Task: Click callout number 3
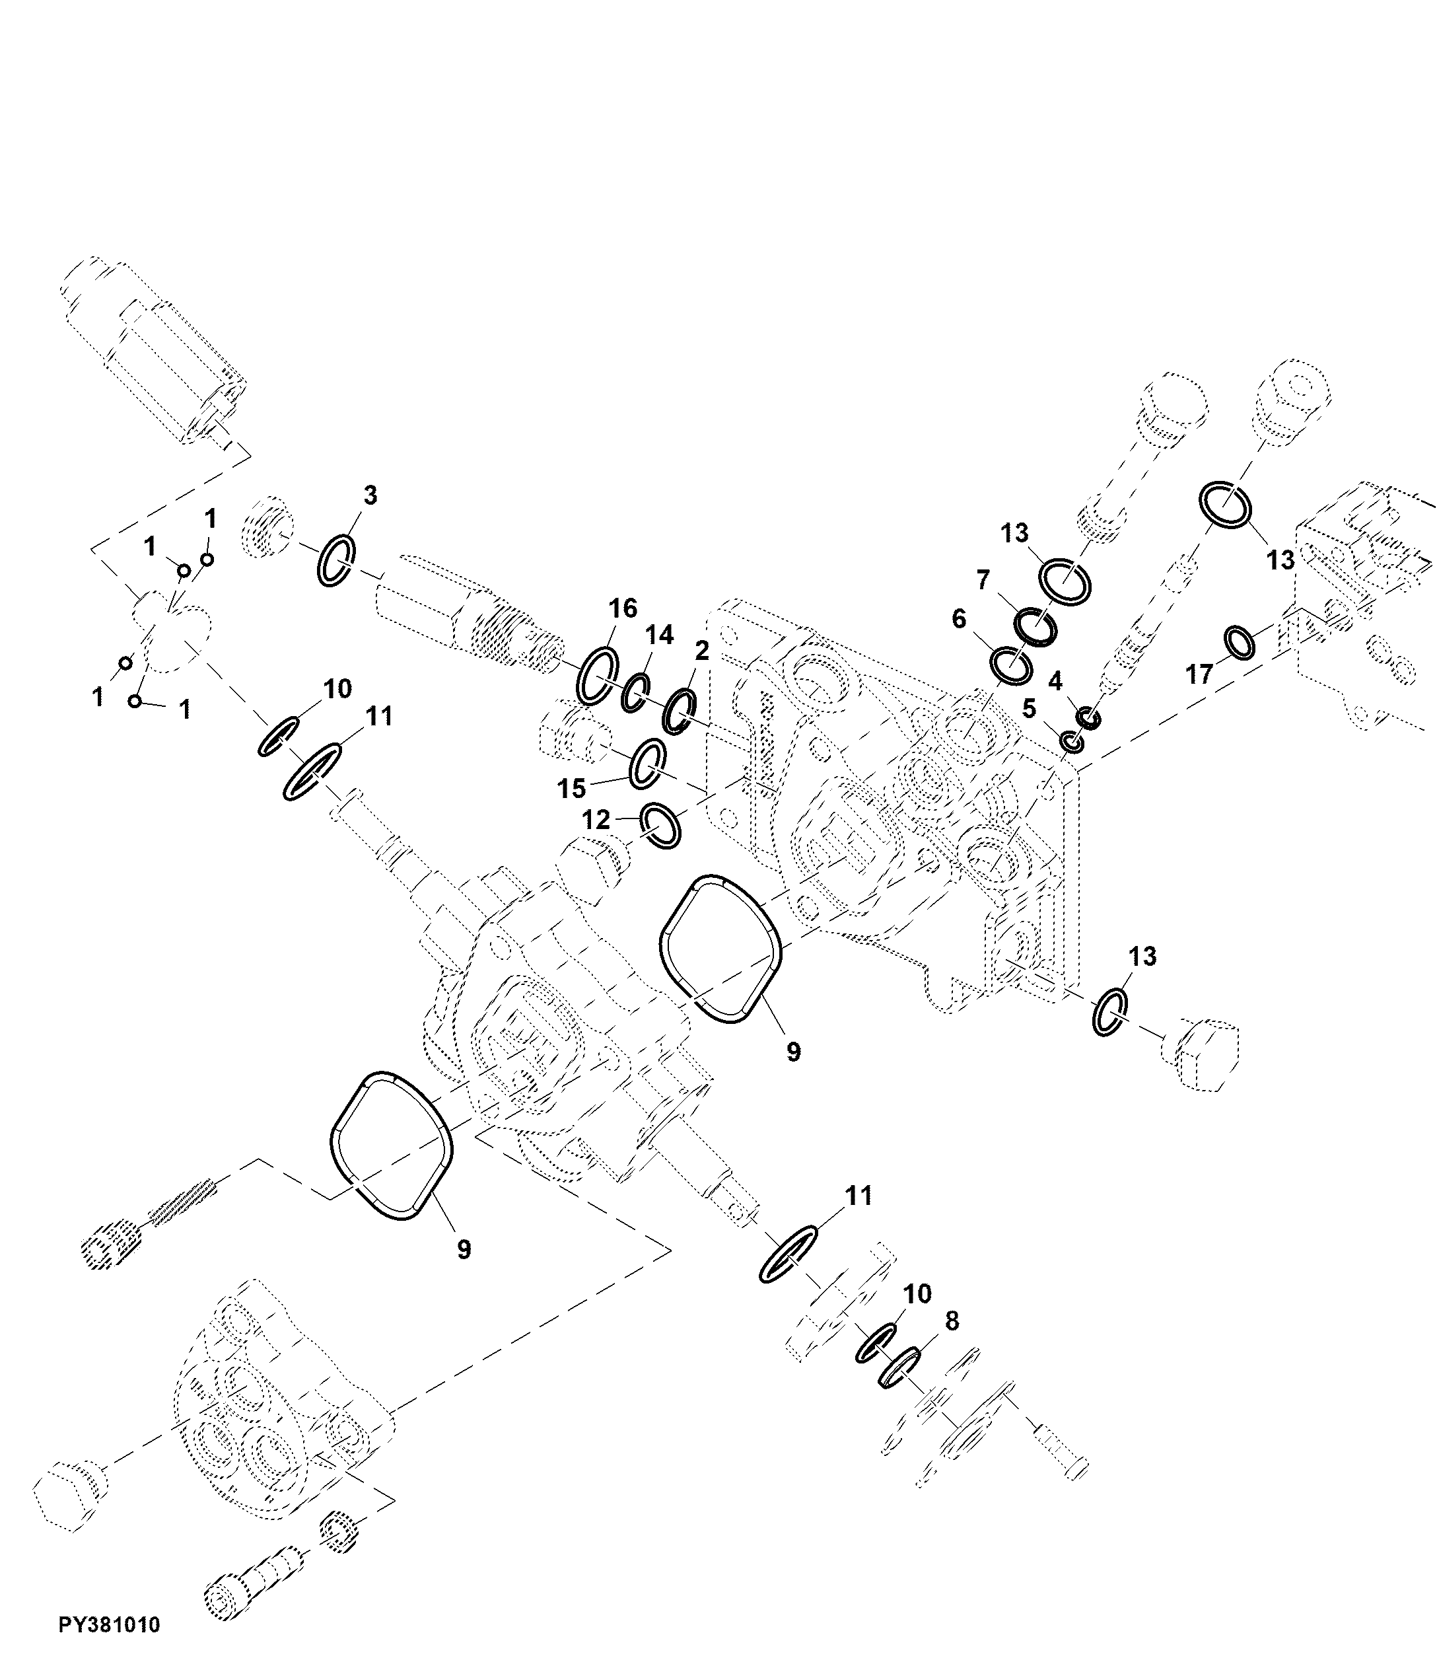click(x=369, y=495)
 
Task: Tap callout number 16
click(x=623, y=608)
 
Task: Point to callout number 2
click(x=701, y=651)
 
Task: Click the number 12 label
click(x=596, y=820)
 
